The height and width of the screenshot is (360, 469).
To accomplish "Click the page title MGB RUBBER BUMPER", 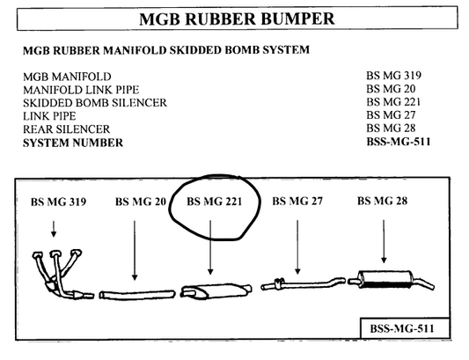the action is point(237,18).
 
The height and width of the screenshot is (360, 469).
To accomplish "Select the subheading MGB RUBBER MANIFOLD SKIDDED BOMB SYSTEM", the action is point(166,50).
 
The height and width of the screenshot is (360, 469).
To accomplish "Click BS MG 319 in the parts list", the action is point(393,76).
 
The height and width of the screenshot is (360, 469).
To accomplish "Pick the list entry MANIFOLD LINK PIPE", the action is point(81,90).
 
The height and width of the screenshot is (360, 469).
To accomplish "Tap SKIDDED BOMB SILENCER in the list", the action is point(95,103).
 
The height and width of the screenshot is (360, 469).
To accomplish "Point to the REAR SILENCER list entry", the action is point(66,129).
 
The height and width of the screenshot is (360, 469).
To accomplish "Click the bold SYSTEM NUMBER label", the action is point(73,143).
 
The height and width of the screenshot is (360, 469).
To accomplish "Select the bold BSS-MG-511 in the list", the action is point(399,141).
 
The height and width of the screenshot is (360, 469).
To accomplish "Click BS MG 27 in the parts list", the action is point(391,115).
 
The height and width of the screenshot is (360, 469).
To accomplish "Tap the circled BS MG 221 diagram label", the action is point(214,202).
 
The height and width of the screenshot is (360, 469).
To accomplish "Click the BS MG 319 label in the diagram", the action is point(58,202).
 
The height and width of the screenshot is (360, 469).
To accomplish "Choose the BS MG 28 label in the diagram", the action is point(382,201).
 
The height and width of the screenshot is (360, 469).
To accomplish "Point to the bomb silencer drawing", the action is point(216,291).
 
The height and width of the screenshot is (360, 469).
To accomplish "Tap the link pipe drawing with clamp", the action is point(303,283).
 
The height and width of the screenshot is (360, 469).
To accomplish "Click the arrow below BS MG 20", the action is point(135,251).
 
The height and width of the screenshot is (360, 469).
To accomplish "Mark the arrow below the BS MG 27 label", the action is point(297,247).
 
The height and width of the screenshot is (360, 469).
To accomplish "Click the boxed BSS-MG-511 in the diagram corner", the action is point(402,328).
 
